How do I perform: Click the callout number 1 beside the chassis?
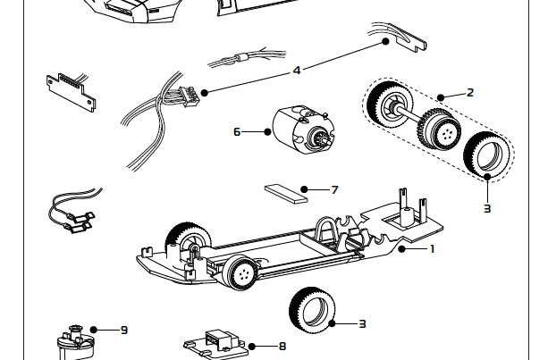(x=433, y=248)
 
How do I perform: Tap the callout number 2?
(x=470, y=92)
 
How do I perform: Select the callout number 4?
(x=296, y=69)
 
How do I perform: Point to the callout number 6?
(x=237, y=131)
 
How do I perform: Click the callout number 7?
(x=334, y=189)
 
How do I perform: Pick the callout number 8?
(x=282, y=346)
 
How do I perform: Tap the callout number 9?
(x=124, y=330)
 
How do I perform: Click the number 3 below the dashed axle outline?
(x=487, y=208)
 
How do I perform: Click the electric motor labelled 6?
(x=301, y=131)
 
